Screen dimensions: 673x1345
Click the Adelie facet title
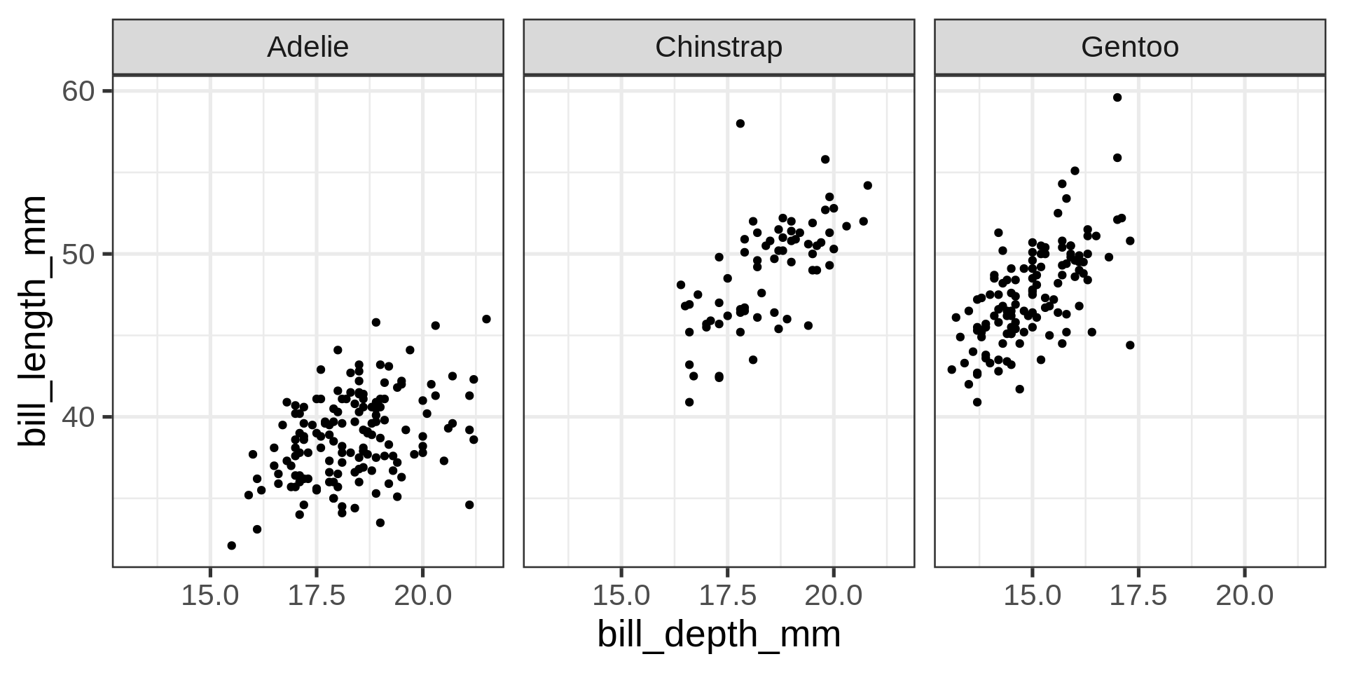click(x=308, y=47)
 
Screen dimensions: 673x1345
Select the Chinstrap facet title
click(x=719, y=47)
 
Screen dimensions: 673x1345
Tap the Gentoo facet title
click(x=1129, y=47)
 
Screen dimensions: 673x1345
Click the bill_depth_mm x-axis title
click(x=719, y=635)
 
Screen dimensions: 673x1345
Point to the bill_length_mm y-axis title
click(x=32, y=321)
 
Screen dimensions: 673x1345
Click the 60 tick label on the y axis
click(x=78, y=91)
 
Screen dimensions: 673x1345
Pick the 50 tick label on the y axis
click(x=78, y=254)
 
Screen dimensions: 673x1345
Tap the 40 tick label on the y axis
click(x=78, y=417)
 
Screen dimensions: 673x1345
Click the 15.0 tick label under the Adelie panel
click(x=210, y=596)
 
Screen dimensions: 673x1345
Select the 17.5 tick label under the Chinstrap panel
click(x=727, y=596)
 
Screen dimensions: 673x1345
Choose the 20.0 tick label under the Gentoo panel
click(x=1244, y=596)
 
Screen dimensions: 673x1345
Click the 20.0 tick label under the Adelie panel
click(x=422, y=596)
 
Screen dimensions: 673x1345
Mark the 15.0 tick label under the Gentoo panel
click(x=1032, y=596)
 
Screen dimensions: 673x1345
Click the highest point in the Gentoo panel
click(x=1117, y=97)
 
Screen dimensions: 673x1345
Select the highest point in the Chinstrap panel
click(x=740, y=123)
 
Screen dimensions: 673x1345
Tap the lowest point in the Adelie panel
click(x=232, y=545)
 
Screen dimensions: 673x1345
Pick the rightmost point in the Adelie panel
click(x=487, y=319)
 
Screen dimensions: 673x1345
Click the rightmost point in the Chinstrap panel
click(x=867, y=185)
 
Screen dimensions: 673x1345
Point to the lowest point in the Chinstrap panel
click(x=689, y=402)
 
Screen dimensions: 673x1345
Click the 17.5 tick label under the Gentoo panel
click(x=1138, y=596)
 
